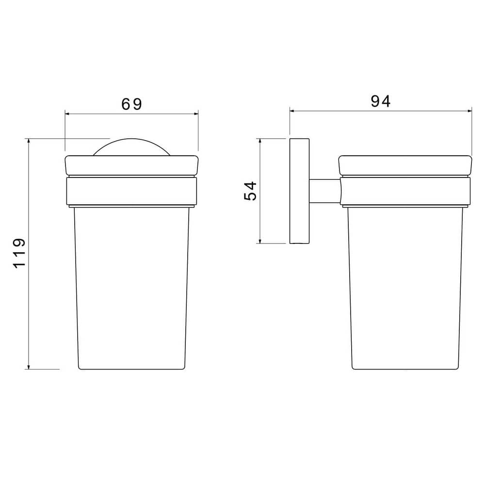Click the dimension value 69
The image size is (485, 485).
pyautogui.click(x=131, y=104)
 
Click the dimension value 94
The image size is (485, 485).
pyautogui.click(x=380, y=101)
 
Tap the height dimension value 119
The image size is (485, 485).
pyautogui.click(x=19, y=253)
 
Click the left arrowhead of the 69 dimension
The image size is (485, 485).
pyautogui.click(x=67, y=114)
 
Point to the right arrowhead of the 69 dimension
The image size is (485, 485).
pyautogui.click(x=196, y=114)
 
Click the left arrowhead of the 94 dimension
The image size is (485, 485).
pyautogui.click(x=292, y=111)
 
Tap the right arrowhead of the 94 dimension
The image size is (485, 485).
pyautogui.click(x=469, y=111)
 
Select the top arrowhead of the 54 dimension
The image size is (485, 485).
pyautogui.click(x=260, y=141)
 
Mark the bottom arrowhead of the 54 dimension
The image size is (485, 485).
pyautogui.click(x=260, y=241)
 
